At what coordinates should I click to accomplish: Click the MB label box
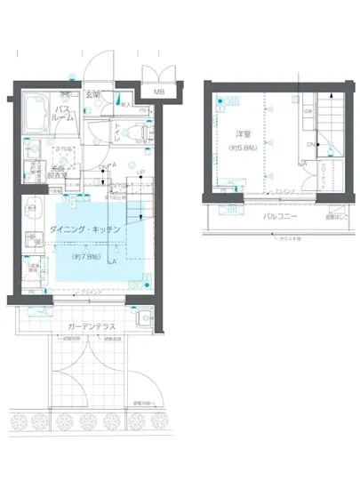[x=158, y=91]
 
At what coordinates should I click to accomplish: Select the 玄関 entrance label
[x=92, y=94]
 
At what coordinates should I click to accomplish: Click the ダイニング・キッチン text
[x=84, y=229]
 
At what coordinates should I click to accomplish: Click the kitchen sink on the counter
[x=34, y=213]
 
